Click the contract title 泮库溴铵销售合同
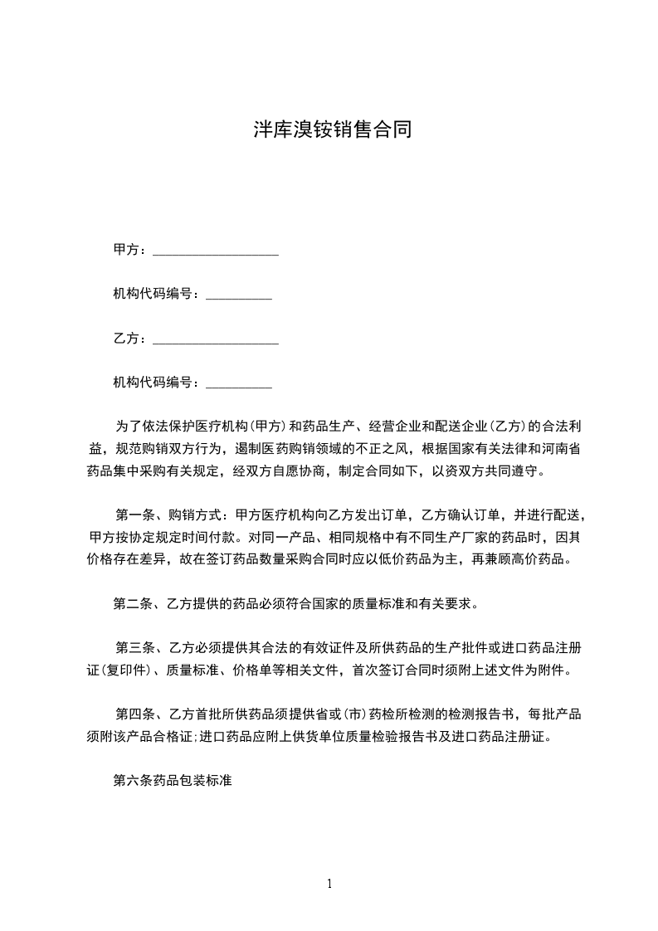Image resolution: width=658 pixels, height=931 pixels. [x=332, y=130]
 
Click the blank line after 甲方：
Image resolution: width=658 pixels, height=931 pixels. [x=216, y=251]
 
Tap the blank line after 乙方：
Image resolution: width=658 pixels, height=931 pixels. [x=216, y=339]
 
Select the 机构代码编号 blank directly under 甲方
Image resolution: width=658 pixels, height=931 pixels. [x=238, y=295]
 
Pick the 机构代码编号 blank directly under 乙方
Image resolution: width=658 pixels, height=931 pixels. [x=238, y=383]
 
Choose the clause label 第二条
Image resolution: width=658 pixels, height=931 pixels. [x=134, y=603]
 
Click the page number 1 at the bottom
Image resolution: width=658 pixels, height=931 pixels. [x=329, y=884]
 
